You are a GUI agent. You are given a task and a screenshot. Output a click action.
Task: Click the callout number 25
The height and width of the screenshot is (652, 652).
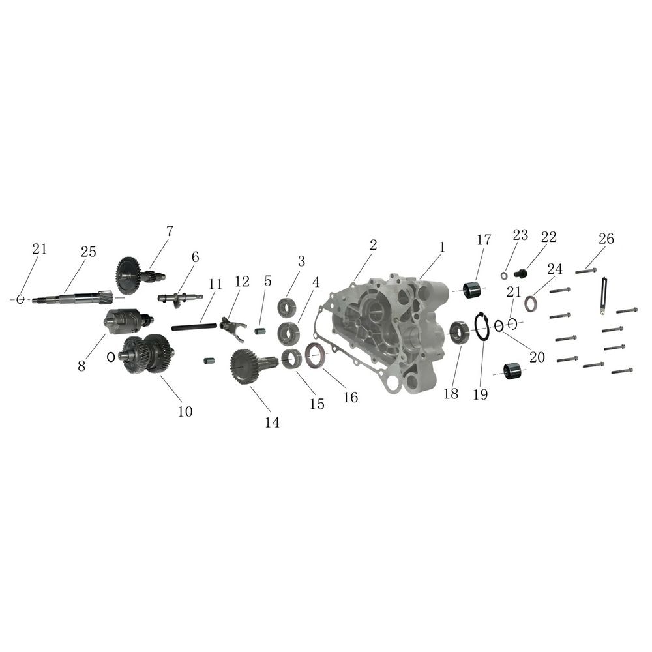88,252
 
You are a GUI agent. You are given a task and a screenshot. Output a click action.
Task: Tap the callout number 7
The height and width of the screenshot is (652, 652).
170,231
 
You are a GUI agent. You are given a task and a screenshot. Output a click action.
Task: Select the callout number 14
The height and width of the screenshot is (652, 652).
272,422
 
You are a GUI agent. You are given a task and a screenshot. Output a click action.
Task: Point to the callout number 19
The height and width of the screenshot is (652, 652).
481,394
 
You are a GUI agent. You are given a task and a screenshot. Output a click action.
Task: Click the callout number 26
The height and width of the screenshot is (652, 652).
606,239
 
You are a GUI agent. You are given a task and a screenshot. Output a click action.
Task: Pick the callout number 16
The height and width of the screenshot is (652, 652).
351,398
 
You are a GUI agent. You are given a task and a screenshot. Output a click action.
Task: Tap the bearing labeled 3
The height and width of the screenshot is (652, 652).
287,308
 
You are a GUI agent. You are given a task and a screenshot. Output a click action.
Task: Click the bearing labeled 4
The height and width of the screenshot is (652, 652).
288,333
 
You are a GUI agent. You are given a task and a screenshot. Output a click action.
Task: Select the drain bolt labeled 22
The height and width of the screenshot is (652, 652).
520,273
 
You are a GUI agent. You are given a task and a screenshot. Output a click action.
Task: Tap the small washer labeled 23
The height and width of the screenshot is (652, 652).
504,276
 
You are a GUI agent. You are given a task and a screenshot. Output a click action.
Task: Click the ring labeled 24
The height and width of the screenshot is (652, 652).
530,303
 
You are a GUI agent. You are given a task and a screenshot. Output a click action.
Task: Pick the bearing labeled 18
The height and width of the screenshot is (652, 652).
460,333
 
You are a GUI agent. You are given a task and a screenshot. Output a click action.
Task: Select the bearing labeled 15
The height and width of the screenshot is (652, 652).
291,359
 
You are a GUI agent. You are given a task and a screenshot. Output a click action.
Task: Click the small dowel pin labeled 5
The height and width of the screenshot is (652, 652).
260,332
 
